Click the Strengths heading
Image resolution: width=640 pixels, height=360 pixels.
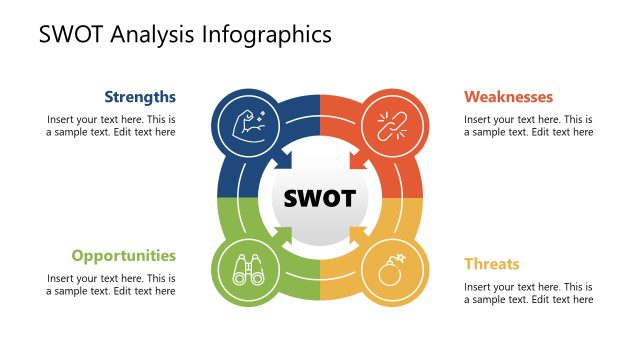pyautogui.click(x=140, y=97)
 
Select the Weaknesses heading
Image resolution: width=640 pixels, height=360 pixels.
pyautogui.click(x=508, y=97)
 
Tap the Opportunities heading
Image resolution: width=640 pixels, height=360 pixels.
pyautogui.click(x=124, y=255)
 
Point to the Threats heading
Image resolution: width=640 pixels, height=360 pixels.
pyautogui.click(x=492, y=264)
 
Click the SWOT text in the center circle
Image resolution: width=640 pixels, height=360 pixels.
pyautogui.click(x=319, y=198)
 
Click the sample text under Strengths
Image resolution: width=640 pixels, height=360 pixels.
pyautogui.click(x=112, y=125)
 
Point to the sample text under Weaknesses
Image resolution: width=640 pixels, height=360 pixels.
pyautogui.click(x=528, y=125)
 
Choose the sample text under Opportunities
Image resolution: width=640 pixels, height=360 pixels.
pyautogui.click(x=112, y=284)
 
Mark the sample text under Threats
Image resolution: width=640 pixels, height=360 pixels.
pyautogui.click(x=528, y=293)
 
